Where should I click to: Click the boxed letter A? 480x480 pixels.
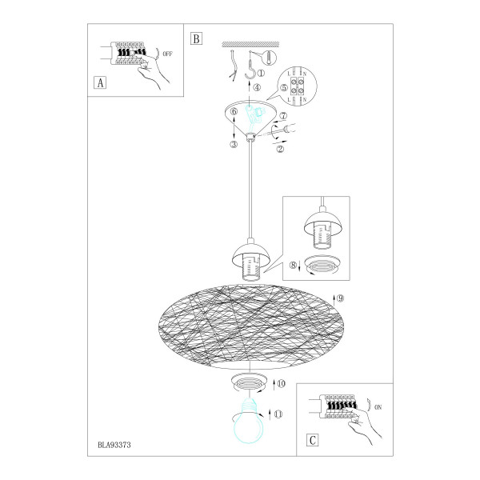coord(100,82)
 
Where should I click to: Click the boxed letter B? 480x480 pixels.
coord(196,38)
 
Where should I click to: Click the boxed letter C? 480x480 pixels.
coord(313,440)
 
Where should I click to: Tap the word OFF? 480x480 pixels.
coord(167,54)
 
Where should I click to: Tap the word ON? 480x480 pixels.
coord(378,407)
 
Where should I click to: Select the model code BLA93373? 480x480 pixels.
coord(114,445)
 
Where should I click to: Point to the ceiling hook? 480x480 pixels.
coord(251,70)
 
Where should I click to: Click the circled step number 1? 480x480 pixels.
coord(261,73)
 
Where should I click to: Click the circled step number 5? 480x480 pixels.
coord(284,88)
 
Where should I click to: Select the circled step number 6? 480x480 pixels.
coord(234,111)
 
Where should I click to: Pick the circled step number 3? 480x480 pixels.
coord(234,144)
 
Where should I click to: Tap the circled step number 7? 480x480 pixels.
coord(283,116)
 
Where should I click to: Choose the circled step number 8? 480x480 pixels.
coord(294,265)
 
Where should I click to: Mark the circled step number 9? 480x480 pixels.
coord(340,298)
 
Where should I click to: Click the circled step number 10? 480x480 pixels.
coord(281,383)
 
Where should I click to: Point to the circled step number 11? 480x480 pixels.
coord(278,414)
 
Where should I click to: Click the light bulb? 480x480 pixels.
coord(249,422)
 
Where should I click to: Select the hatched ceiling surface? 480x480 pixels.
coord(250,44)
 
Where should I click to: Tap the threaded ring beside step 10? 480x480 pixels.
coord(249,382)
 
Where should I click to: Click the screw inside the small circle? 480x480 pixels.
coord(269,58)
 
